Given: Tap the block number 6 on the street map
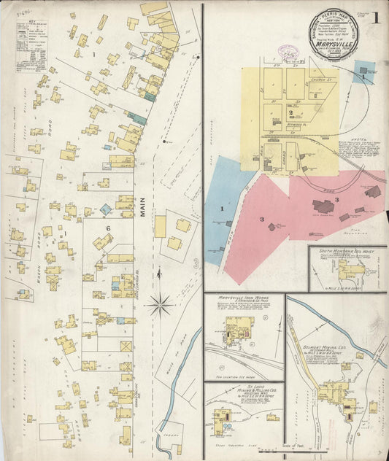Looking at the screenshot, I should coord(107,228).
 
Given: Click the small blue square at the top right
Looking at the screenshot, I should coord(363,72).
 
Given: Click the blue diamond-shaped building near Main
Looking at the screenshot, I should coord(106,209).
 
